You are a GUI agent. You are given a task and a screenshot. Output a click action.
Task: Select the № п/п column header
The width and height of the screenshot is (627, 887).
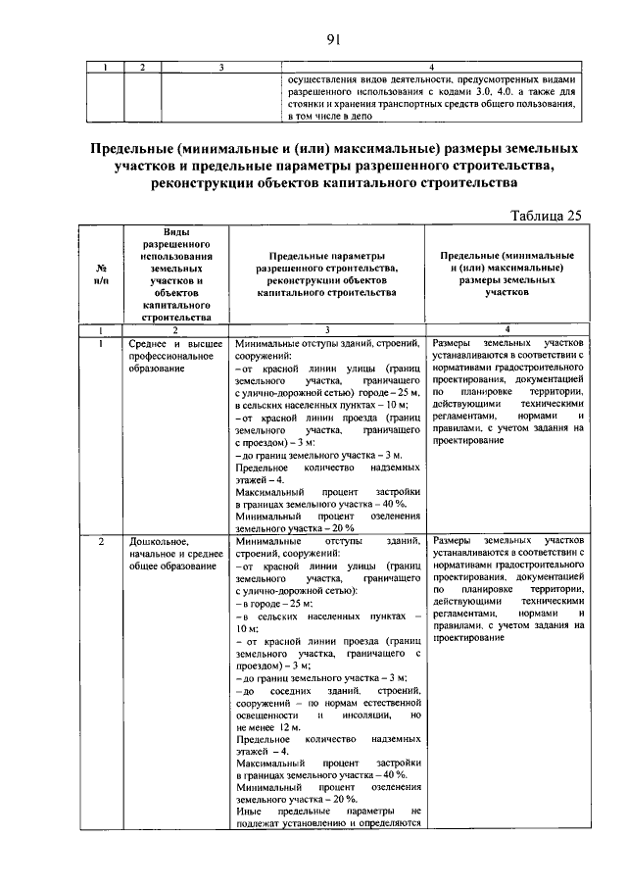point(102,273)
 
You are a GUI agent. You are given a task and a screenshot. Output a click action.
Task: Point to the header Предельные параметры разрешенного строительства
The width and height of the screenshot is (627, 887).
point(326,273)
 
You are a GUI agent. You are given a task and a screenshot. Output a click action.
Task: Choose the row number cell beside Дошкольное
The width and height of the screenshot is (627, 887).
point(102,541)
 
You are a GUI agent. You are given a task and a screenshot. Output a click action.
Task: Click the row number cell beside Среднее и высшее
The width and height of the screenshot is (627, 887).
point(102,345)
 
